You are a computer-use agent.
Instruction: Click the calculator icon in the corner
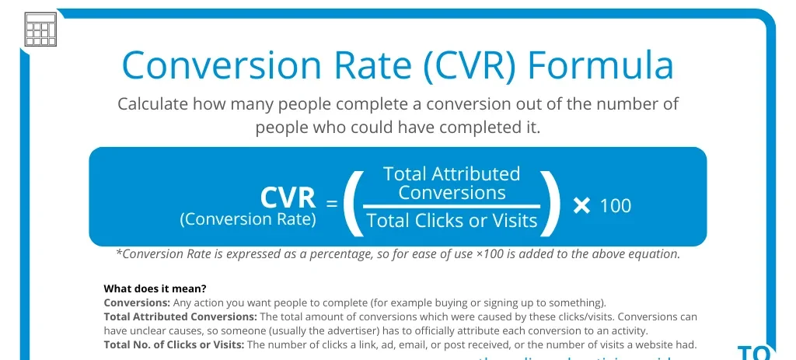pyautogui.click(x=40, y=30)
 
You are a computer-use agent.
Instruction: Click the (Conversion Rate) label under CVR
pyautogui.click(x=248, y=219)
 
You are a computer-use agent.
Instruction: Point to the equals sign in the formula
pyautogui.click(x=332, y=204)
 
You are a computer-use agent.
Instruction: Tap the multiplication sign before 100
pyautogui.click(x=581, y=206)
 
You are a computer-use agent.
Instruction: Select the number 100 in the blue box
pyautogui.click(x=616, y=206)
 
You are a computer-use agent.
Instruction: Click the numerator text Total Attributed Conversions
pyautogui.click(x=452, y=183)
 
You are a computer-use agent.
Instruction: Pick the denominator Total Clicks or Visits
pyautogui.click(x=452, y=221)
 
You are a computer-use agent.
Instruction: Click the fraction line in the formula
pyautogui.click(x=452, y=207)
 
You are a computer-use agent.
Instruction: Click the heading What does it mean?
pyautogui.click(x=155, y=289)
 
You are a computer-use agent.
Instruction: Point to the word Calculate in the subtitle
pyautogui.click(x=152, y=104)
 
